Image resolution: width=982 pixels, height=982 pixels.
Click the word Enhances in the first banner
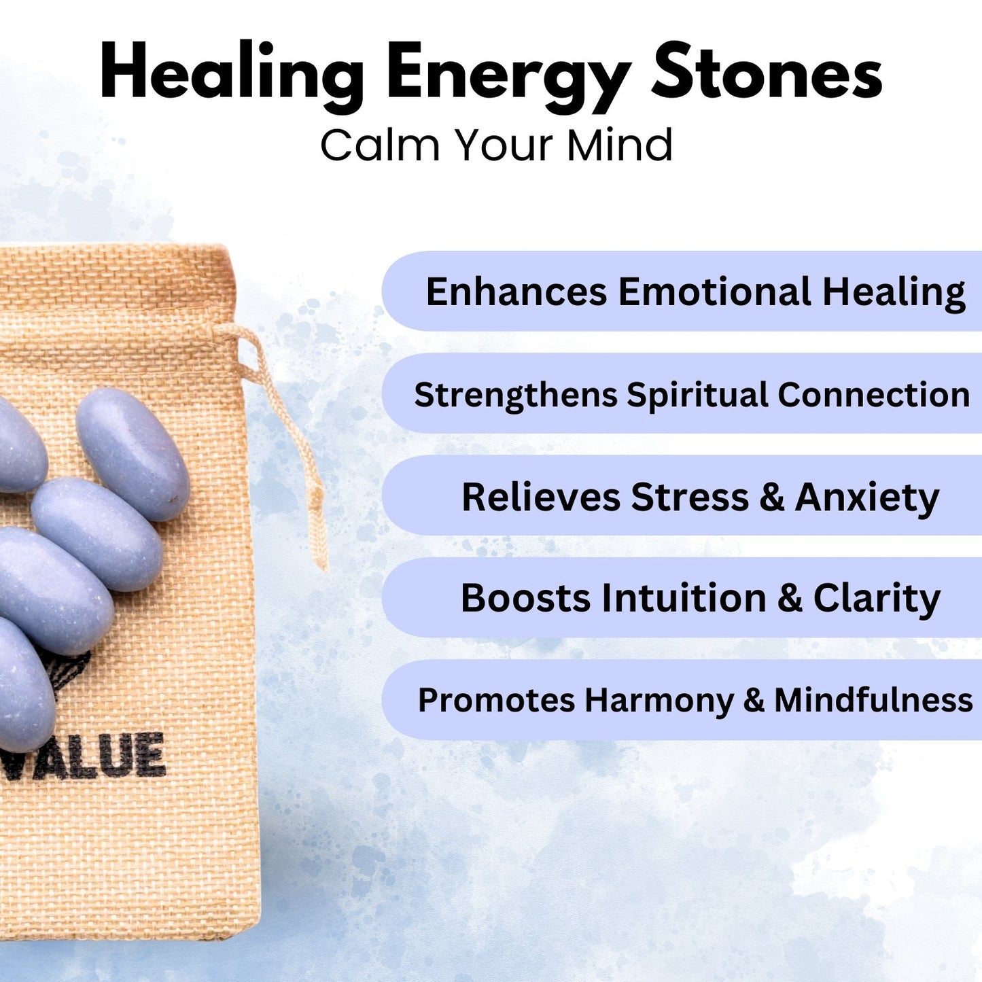tap(516, 292)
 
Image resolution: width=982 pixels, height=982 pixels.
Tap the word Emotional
tap(714, 292)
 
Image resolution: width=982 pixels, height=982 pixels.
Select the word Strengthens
tap(515, 396)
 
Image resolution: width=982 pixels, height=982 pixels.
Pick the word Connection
tap(873, 395)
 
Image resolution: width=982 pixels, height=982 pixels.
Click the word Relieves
tap(540, 497)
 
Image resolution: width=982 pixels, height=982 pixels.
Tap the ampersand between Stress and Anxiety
tap(772, 497)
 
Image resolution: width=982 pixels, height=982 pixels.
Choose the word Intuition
tap(684, 598)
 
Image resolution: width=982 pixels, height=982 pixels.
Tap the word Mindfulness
tap(873, 700)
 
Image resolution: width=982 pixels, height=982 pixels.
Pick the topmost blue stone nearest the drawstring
tap(133, 454)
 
